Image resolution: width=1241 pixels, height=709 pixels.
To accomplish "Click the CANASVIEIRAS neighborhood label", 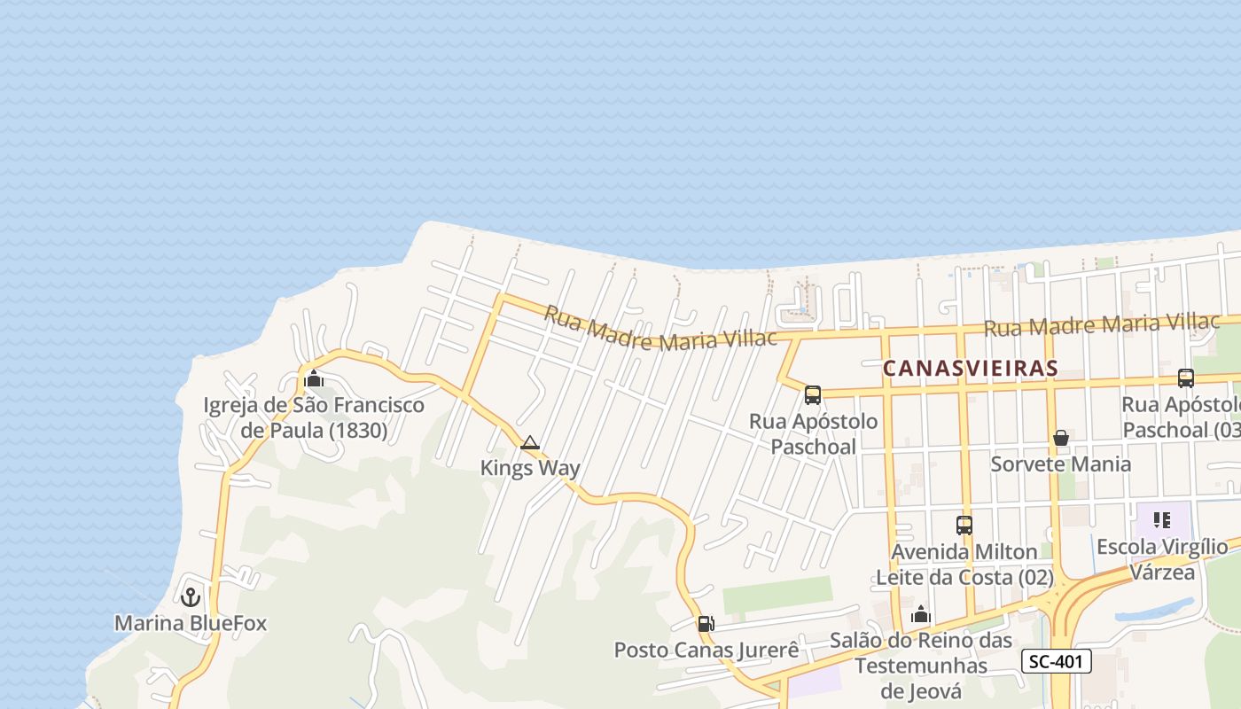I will pyautogui.click(x=970, y=368).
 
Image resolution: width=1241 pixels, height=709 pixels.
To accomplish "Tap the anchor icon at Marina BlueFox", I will pyautogui.click(x=191, y=597).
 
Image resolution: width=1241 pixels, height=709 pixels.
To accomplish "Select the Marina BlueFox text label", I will pyautogui.click(x=191, y=623).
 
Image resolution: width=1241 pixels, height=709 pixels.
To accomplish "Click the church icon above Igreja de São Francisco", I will pyautogui.click(x=313, y=378).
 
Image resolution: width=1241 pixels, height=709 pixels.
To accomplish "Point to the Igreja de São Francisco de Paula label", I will pyautogui.click(x=314, y=418).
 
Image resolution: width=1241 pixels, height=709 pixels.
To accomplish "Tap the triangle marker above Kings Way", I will pyautogui.click(x=530, y=443).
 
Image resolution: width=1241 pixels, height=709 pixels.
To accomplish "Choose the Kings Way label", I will pyautogui.click(x=530, y=468).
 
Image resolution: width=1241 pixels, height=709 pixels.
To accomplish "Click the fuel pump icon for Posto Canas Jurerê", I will pyautogui.click(x=706, y=624).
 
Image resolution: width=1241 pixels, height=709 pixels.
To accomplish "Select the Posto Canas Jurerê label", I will pyautogui.click(x=706, y=650).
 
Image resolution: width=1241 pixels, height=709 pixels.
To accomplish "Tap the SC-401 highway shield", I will pyautogui.click(x=1056, y=661).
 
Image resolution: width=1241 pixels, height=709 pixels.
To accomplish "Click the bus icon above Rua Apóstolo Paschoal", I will pyautogui.click(x=813, y=395).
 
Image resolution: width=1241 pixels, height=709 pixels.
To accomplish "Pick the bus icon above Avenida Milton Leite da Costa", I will pyautogui.click(x=964, y=526).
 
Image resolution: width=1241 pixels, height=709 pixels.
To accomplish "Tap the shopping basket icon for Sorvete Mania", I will pyautogui.click(x=1061, y=438).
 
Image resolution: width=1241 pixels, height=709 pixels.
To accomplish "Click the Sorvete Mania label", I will pyautogui.click(x=1061, y=464).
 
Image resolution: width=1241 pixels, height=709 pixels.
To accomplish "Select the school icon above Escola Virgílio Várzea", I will pyautogui.click(x=1162, y=520).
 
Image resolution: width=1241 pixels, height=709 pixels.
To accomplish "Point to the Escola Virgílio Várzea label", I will pyautogui.click(x=1162, y=559).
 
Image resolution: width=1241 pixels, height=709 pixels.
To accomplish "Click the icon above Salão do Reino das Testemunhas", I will pyautogui.click(x=921, y=614).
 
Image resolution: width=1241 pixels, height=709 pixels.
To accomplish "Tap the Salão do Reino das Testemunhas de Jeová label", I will pyautogui.click(x=921, y=665).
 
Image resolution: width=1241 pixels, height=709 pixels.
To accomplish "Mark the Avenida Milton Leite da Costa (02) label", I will pyautogui.click(x=964, y=565).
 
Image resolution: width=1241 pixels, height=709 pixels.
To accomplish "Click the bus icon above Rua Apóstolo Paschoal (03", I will pyautogui.click(x=1186, y=378).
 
